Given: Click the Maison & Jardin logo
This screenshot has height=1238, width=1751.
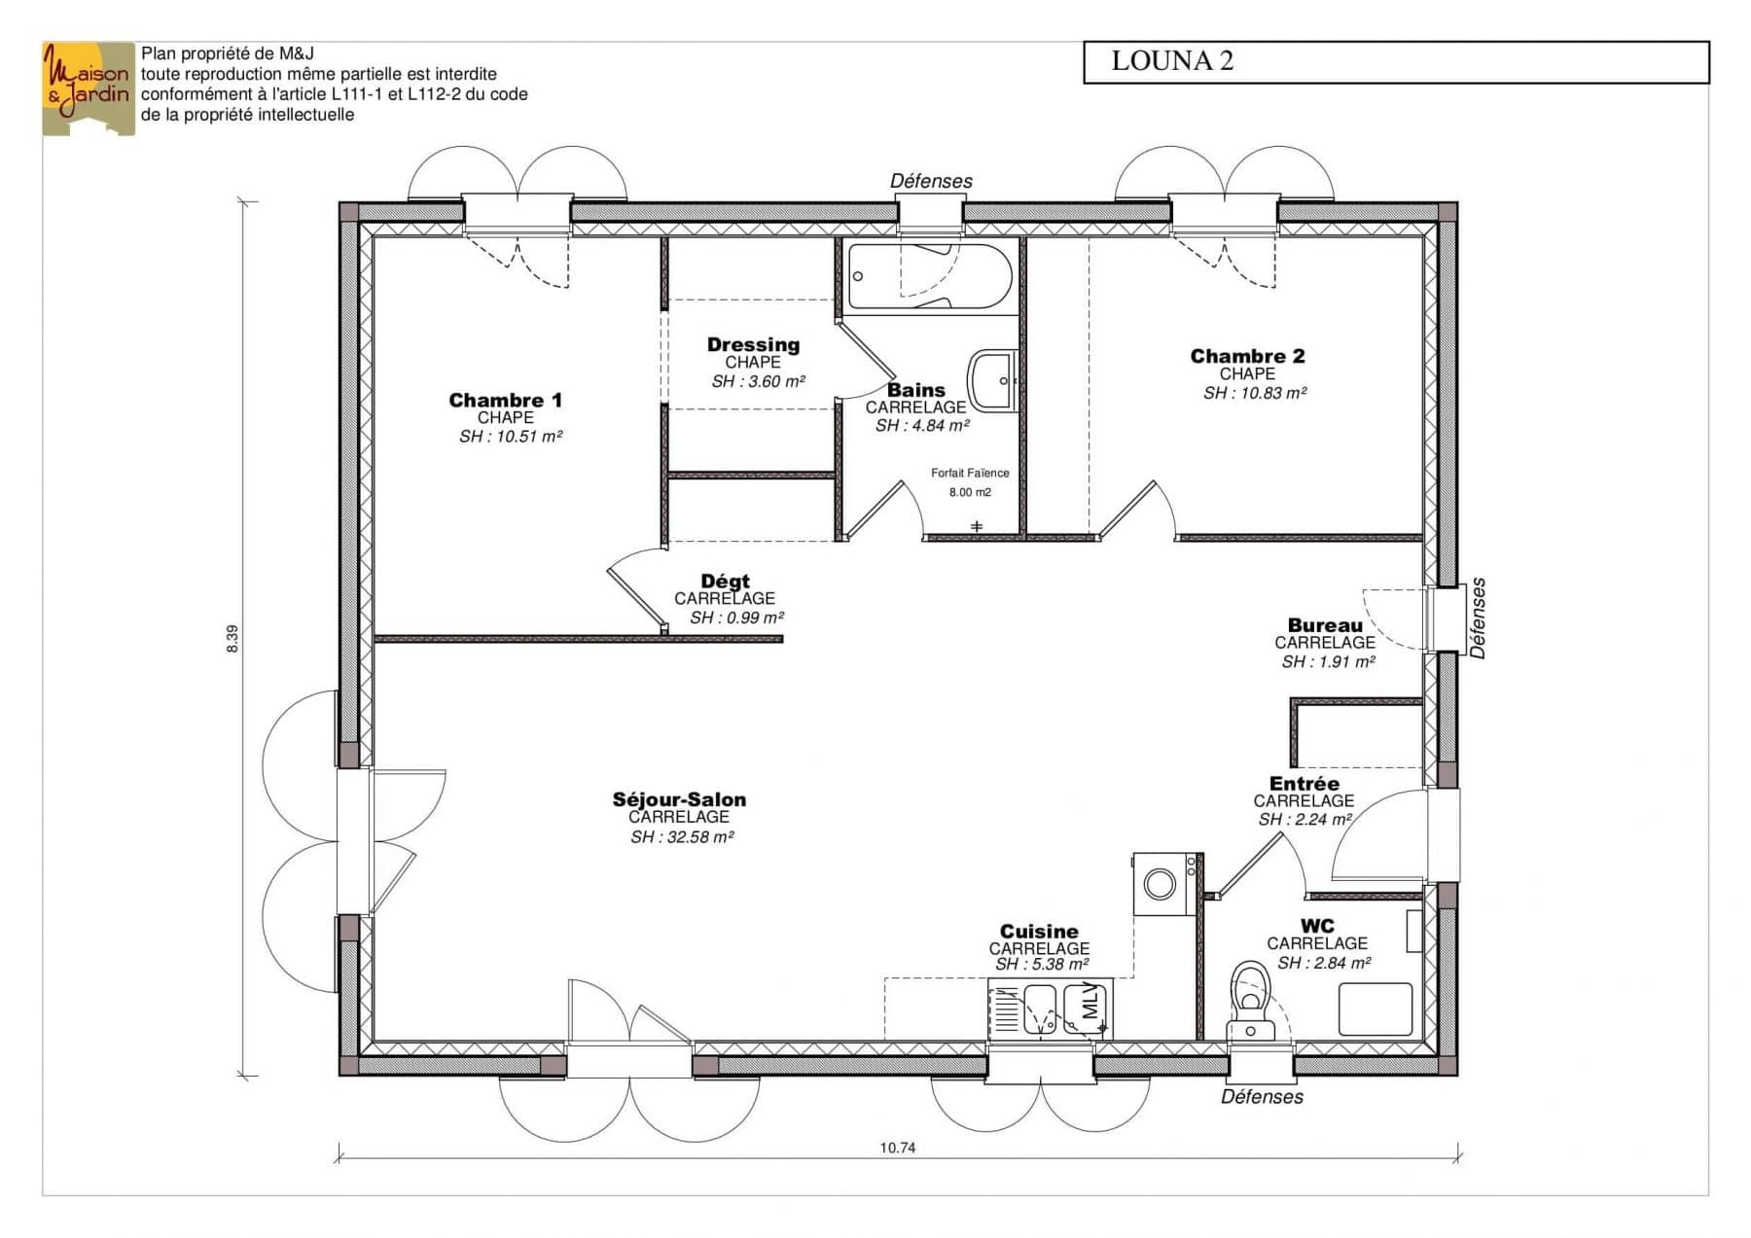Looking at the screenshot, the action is pos(88,88).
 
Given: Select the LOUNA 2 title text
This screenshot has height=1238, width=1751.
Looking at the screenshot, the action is pos(1172,61).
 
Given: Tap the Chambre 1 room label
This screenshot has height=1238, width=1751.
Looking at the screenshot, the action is pos(505,400).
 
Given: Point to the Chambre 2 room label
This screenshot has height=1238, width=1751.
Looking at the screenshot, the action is pos(1247,356).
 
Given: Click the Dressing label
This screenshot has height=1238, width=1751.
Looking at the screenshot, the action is pos(753,344).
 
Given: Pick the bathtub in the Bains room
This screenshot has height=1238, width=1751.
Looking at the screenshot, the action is pos(930,277).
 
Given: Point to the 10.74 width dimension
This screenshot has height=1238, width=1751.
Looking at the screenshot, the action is pos(898,1148).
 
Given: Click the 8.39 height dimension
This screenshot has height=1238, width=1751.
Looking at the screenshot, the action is pos(232,638).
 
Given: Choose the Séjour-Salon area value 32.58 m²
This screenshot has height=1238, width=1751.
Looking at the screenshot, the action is pos(682,837).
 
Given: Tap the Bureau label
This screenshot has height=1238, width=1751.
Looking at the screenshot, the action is pos(1325,625).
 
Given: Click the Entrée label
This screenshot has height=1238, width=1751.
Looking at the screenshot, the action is pos(1304,784).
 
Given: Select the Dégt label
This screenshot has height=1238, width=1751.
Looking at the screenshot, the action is pos(726,582).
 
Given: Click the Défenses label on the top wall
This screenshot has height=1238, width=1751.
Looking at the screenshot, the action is pos(931,182).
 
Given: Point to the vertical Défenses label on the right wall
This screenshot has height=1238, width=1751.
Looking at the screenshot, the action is pos(1478,619).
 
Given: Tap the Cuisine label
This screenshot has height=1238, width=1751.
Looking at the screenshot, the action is pos(1039,932).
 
